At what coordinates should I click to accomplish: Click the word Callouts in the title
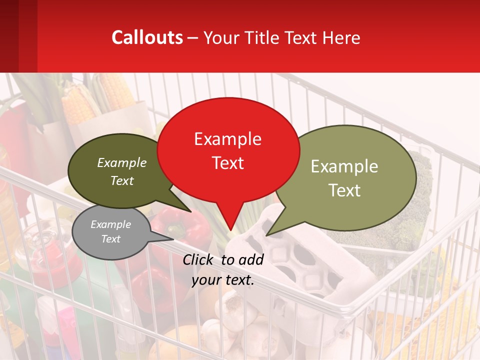[x=147, y=37]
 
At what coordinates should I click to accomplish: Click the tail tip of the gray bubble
[x=173, y=239]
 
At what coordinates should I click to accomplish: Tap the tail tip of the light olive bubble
[x=267, y=235]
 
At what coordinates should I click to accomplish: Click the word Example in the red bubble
[x=228, y=138]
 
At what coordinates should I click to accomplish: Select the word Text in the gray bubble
[x=111, y=239]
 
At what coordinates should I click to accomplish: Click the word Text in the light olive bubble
[x=345, y=190]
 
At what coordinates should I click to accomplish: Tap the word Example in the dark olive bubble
[x=122, y=162]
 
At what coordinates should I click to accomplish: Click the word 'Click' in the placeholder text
[x=198, y=259]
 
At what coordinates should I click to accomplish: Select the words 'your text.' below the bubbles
[x=223, y=280]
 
